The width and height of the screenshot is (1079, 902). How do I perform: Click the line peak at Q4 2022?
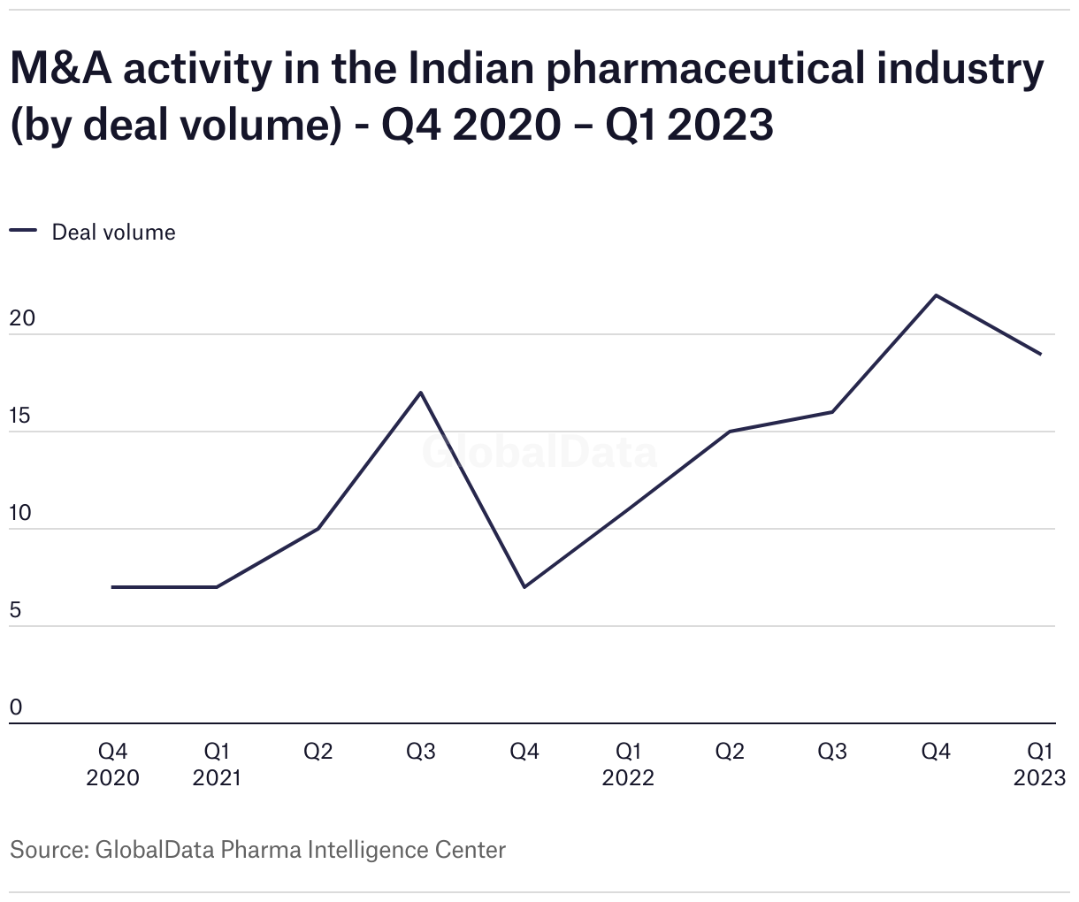coord(937,295)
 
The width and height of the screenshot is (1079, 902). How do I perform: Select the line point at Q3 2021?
coord(421,392)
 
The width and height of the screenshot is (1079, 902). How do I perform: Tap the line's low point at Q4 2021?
coord(524,586)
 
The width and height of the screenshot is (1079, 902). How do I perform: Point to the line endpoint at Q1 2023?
coord(1040,354)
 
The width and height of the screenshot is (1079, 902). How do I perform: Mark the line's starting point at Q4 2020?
coord(113,586)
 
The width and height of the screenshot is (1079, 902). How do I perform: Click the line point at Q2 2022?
coord(730,432)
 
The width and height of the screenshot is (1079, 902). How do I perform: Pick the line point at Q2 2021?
coord(318,529)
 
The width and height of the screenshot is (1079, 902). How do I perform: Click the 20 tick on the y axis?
coord(22,318)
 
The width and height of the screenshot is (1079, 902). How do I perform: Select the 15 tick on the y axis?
coord(21,416)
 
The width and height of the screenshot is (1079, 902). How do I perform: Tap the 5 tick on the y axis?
coord(16,610)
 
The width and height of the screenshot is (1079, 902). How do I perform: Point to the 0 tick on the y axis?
coord(16,707)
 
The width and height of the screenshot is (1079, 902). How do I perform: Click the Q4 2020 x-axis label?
coord(113,764)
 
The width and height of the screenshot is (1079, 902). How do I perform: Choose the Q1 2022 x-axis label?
coord(628,764)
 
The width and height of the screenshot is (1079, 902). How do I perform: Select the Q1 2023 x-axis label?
coord(1040,764)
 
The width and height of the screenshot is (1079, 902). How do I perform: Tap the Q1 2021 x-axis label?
coord(217,764)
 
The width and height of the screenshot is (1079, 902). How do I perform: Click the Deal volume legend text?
coord(114,233)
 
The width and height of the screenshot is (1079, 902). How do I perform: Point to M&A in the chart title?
coord(60,71)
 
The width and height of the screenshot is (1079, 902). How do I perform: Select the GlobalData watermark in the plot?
coord(539,452)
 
